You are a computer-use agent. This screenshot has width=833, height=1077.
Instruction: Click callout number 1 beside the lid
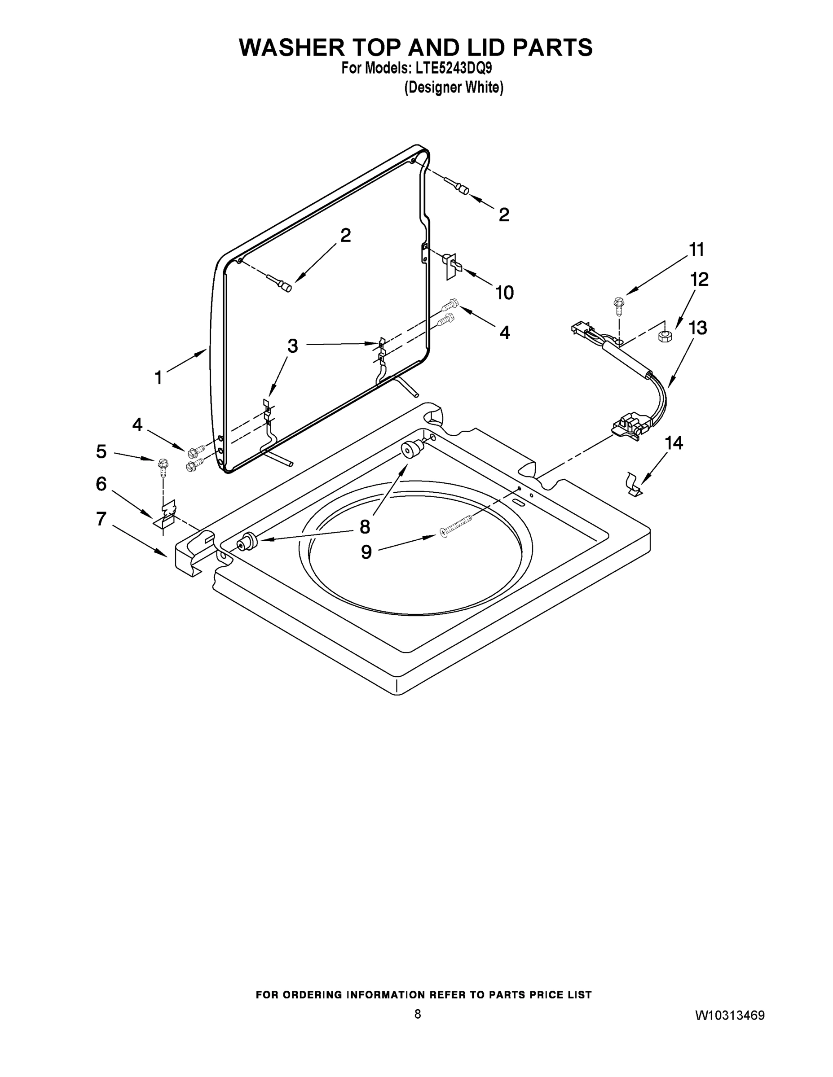click(159, 378)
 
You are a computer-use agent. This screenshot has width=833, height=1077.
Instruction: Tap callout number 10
click(504, 293)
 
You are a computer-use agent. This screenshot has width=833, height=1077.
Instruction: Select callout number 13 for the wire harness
click(698, 328)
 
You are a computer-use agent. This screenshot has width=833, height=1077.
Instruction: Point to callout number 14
click(674, 443)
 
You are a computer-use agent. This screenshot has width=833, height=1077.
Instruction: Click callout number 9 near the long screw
click(366, 552)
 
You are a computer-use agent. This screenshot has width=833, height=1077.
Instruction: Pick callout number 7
click(101, 519)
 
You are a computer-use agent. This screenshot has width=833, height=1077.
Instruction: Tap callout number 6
click(101, 484)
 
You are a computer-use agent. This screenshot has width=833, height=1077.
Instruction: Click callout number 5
click(101, 451)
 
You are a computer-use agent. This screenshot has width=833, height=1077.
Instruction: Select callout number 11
click(696, 250)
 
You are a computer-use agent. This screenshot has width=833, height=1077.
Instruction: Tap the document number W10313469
click(730, 1016)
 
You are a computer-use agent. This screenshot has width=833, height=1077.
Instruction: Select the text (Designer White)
click(454, 88)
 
